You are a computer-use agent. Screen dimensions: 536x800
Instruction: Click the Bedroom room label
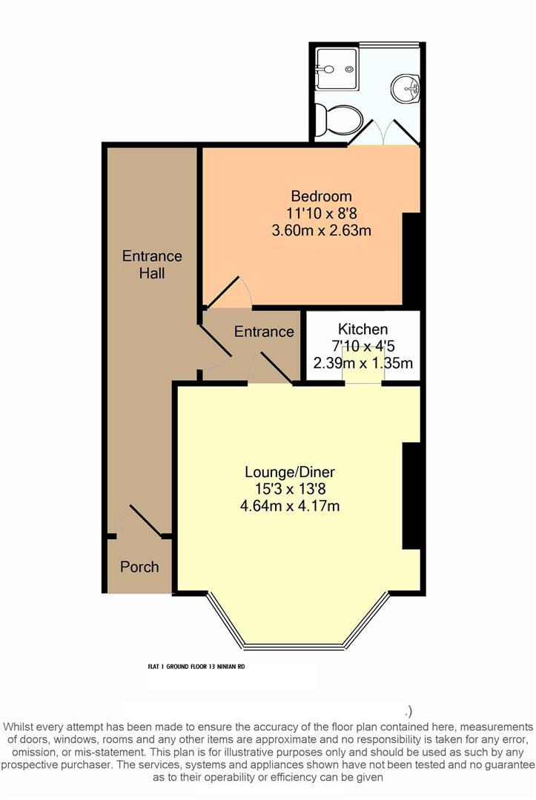point(321,196)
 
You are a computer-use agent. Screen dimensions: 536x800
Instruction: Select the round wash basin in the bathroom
point(406,88)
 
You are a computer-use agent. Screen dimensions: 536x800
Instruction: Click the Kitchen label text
point(363,329)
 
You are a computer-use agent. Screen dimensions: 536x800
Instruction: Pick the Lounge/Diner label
point(290,472)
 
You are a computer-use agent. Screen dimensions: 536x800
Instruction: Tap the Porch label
point(139,567)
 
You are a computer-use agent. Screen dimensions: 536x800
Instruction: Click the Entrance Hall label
point(152,264)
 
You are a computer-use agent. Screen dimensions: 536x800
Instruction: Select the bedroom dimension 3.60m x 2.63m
point(321,230)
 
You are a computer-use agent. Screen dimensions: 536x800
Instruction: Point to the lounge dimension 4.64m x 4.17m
point(290,506)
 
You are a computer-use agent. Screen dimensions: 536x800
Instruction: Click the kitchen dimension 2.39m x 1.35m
point(363,363)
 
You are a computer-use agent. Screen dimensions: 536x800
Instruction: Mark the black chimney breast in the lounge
point(411,496)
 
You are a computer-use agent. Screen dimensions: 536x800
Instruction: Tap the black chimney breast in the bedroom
point(411,260)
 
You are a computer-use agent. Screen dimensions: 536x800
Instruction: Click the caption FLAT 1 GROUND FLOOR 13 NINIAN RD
point(196,667)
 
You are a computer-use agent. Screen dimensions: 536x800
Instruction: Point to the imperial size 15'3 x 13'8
point(290,490)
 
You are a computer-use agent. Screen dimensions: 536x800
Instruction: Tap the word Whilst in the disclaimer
point(19,727)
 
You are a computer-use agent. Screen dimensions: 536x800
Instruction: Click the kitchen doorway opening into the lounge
point(363,383)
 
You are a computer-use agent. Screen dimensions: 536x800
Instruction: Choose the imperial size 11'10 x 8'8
point(321,213)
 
